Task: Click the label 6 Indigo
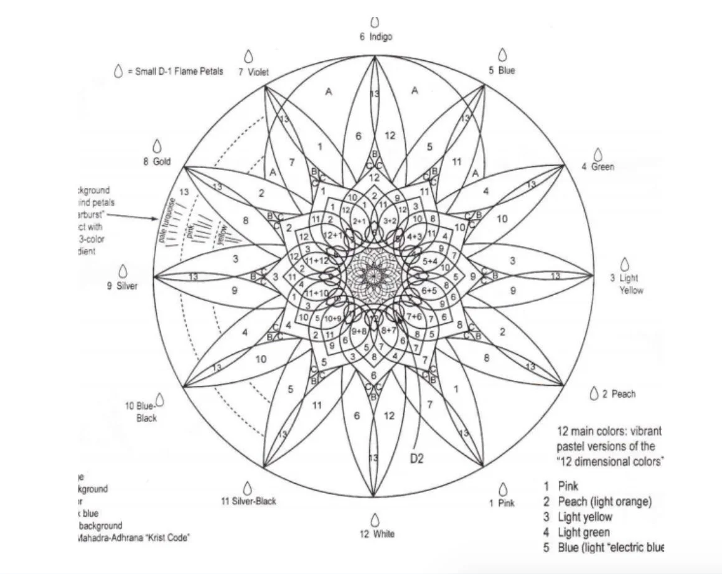point(375,37)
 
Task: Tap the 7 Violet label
point(253,72)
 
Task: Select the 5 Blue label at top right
point(502,71)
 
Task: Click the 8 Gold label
point(156,162)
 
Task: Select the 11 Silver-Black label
point(248,501)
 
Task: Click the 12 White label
point(376,534)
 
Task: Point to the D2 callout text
point(416,459)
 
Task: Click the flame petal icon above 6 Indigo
point(375,23)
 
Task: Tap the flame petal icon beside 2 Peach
point(594,393)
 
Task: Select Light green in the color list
point(583,532)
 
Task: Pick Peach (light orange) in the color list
point(604,502)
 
